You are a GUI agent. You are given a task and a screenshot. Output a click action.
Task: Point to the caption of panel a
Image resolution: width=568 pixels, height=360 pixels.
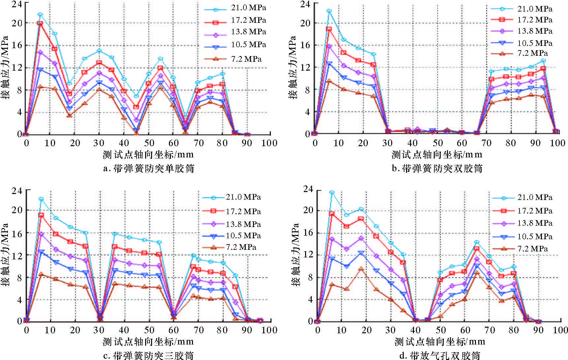point(148,169)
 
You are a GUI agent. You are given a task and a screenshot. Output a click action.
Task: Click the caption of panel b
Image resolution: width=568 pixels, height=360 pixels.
point(437,169)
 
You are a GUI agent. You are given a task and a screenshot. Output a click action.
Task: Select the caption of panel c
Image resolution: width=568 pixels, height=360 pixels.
point(148,355)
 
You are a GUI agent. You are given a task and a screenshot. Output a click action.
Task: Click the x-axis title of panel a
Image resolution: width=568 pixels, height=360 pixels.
point(148,154)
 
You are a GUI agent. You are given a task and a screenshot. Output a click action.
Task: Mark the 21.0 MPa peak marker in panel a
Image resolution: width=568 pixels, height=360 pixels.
point(40,15)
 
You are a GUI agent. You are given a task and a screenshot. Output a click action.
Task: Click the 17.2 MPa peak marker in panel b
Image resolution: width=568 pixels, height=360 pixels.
point(329,29)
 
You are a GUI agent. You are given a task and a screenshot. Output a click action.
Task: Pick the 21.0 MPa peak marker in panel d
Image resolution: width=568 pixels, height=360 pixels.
point(332,192)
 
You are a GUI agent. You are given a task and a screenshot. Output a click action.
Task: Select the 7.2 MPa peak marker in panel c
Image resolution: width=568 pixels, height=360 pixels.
point(41,274)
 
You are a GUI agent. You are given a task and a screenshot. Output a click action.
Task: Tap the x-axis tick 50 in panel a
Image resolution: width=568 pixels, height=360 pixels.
point(149,143)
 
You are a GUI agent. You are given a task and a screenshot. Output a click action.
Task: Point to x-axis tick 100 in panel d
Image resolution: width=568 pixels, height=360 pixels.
point(559,330)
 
